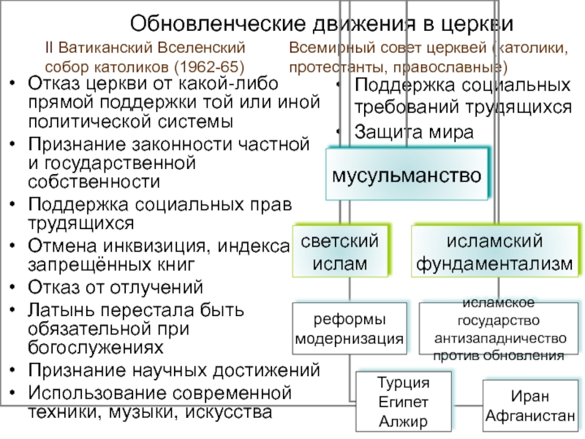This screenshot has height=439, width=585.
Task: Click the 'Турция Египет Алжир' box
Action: (402, 402)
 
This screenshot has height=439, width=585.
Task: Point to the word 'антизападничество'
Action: (499, 339)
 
